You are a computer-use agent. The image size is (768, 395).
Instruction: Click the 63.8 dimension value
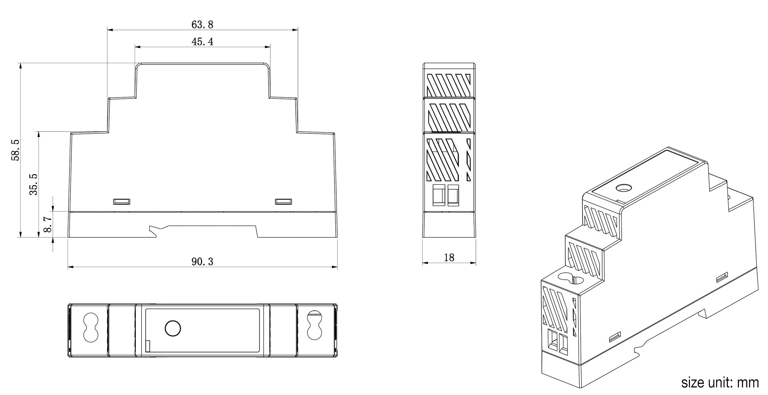203,24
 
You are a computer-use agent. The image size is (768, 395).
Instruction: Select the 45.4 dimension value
203,41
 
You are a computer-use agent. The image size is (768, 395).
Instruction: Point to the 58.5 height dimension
15,150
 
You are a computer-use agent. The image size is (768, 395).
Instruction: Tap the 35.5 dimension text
33,184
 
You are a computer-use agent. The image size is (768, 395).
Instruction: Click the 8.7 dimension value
48,224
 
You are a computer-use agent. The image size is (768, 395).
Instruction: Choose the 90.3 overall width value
203,262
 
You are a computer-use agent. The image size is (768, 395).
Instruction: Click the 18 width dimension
449,258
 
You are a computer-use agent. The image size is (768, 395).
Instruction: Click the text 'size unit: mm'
720,383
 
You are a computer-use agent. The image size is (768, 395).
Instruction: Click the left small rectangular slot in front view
122,202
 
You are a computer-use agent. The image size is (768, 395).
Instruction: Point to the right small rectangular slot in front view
283,202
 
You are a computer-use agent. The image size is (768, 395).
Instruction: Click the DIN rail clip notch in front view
155,231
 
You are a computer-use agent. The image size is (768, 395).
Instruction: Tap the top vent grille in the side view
449,85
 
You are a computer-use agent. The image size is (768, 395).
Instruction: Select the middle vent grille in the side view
449,116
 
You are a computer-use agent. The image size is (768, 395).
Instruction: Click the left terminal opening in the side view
438,195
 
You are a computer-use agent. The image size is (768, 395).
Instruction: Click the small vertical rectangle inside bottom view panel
148,346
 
